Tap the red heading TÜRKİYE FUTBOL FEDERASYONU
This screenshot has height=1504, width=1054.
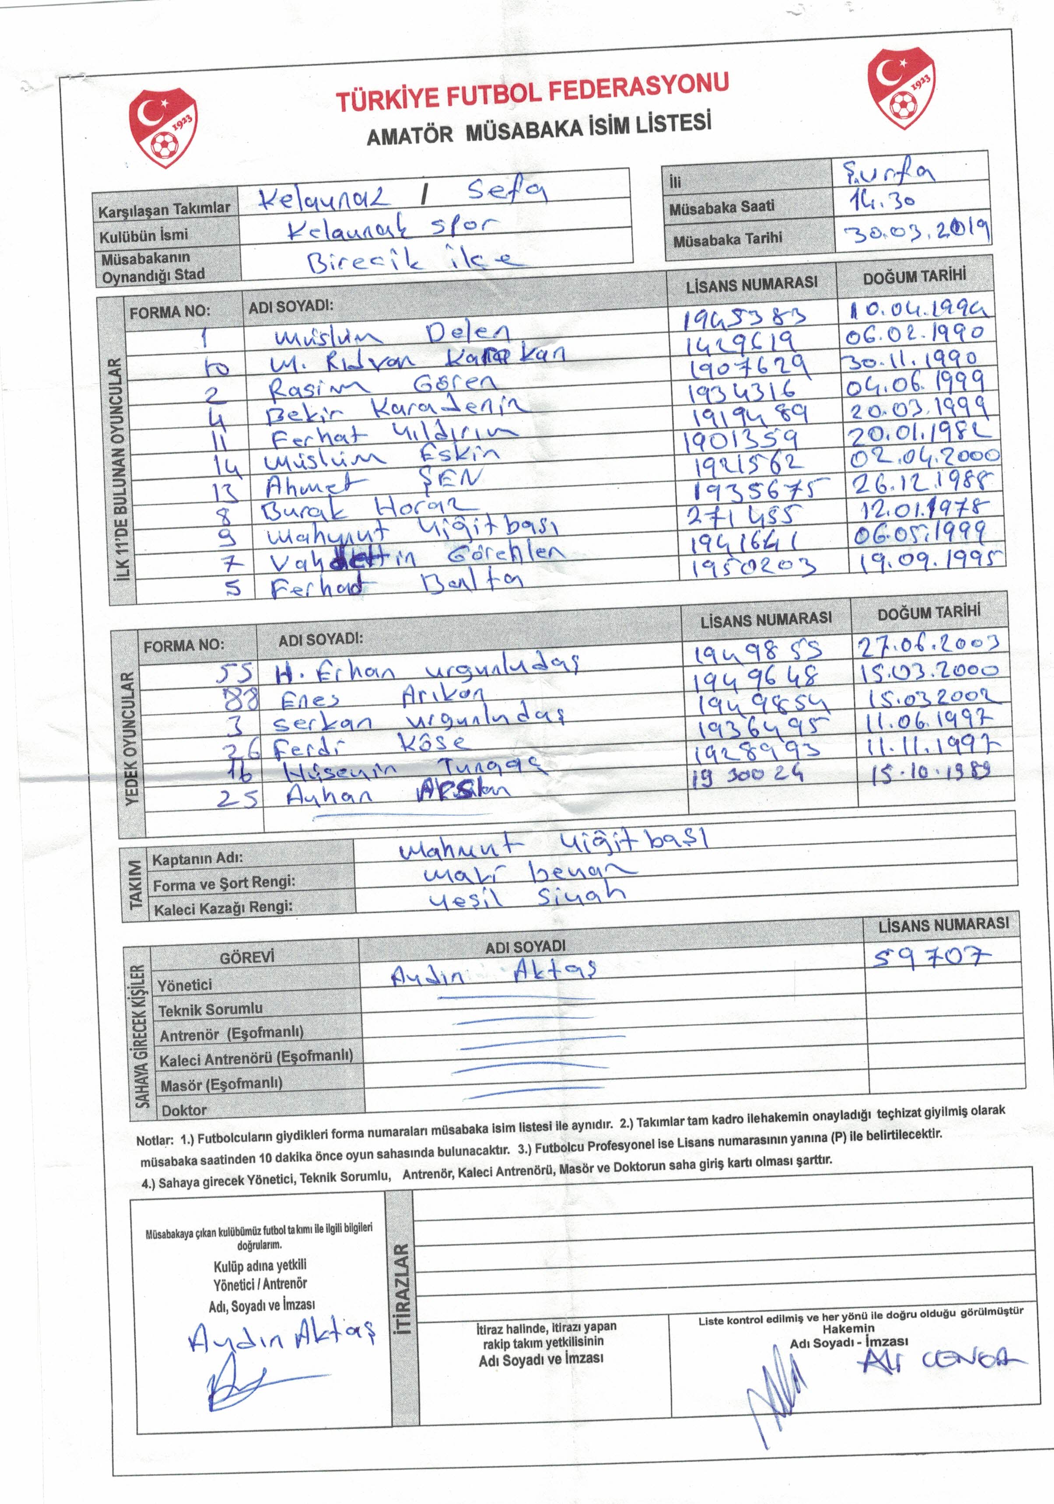532,94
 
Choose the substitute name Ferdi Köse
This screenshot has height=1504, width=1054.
371,745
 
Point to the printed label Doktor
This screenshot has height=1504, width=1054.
184,1110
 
